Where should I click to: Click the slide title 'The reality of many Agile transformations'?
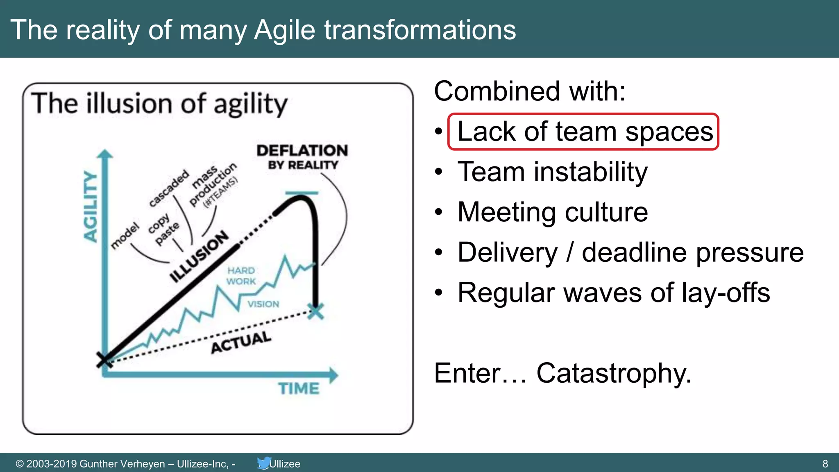(263, 29)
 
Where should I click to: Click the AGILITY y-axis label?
(91, 206)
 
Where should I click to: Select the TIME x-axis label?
(299, 388)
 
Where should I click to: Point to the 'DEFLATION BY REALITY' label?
(302, 157)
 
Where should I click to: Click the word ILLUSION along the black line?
(199, 256)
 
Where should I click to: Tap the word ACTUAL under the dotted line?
(241, 343)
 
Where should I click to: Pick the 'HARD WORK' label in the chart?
(241, 276)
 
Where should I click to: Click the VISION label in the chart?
(263, 304)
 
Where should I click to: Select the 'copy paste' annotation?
(164, 229)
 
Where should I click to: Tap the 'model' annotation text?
(125, 236)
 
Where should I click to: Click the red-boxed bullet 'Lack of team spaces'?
(585, 132)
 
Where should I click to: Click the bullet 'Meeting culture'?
(552, 212)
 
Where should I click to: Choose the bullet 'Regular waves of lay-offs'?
(613, 293)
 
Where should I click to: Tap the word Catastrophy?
(613, 373)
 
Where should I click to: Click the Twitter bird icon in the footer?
(263, 463)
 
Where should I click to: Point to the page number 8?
(825, 464)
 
